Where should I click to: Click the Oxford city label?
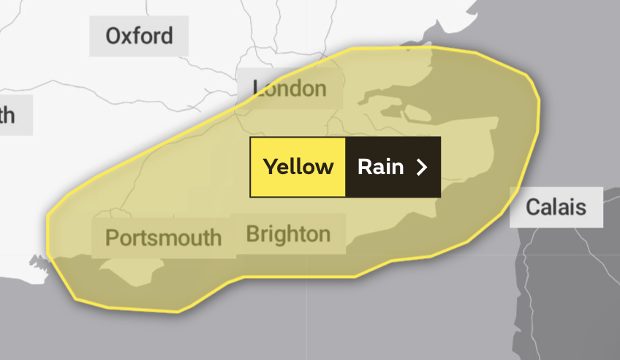click(139, 35)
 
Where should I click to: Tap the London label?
click(290, 89)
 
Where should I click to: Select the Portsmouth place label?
click(163, 237)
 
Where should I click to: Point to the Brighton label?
click(288, 234)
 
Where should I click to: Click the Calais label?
click(556, 207)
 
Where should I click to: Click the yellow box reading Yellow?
click(298, 167)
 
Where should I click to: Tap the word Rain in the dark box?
click(380, 167)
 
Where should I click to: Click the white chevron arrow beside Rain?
click(421, 168)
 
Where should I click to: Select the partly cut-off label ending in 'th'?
click(9, 115)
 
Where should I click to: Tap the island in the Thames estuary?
click(416, 113)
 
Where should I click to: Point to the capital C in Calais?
click(534, 207)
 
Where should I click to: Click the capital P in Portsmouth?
click(112, 238)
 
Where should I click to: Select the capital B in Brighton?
click(253, 234)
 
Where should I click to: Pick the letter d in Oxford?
click(167, 35)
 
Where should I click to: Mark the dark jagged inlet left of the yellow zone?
click(37, 261)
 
